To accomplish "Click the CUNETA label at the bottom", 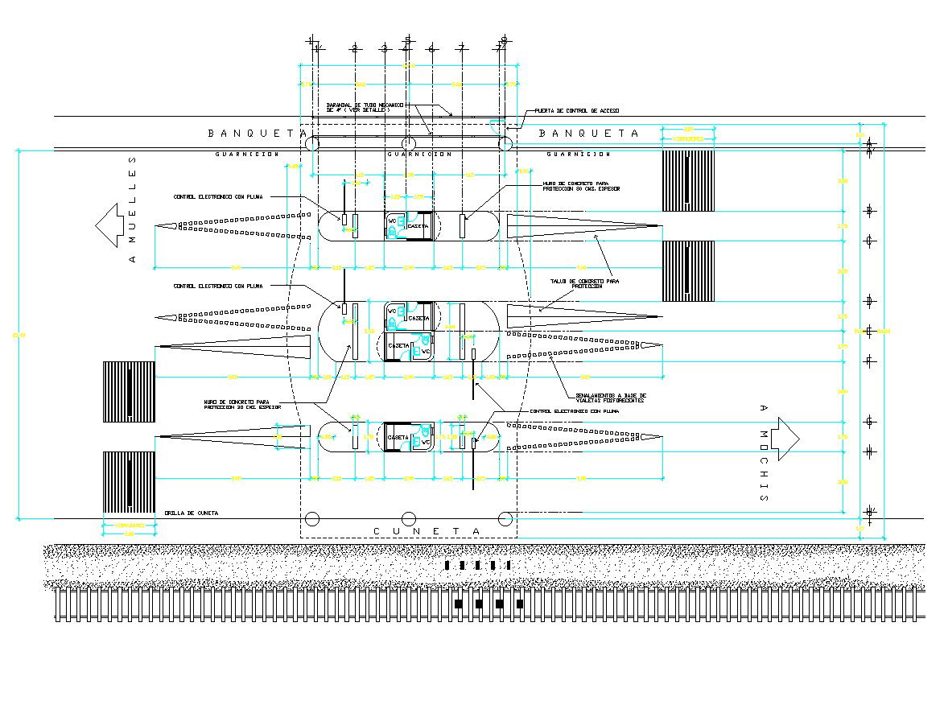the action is [x=427, y=531].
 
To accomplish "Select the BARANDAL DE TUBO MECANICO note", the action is [x=365, y=108].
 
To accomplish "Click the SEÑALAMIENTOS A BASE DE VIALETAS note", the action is [x=610, y=398].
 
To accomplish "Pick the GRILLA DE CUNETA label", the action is [x=191, y=513].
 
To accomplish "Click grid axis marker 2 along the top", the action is [x=354, y=49].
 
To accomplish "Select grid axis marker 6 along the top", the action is [x=431, y=49].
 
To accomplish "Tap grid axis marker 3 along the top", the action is [x=384, y=49].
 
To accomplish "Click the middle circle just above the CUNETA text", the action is [x=409, y=518].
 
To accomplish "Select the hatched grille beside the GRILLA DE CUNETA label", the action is [x=129, y=482].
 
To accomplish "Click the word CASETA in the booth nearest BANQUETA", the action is [x=418, y=226].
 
